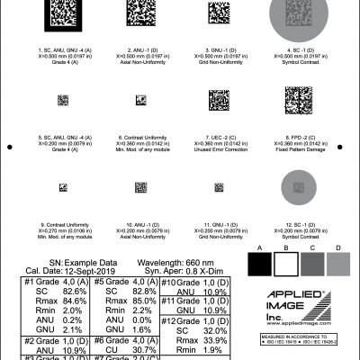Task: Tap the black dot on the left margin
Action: [x=9, y=147]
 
